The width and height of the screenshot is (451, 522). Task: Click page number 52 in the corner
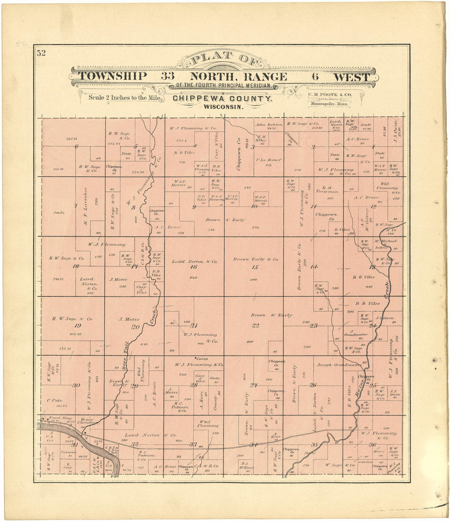click(x=41, y=53)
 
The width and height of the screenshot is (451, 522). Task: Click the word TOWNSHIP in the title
click(x=112, y=77)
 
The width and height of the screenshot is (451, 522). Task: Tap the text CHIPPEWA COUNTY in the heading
click(x=222, y=98)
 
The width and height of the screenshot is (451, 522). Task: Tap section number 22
click(x=256, y=326)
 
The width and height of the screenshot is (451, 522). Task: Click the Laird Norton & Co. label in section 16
click(x=194, y=261)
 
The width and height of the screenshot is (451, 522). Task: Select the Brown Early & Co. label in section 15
click(x=256, y=259)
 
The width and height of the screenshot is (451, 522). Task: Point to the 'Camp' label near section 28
click(x=202, y=358)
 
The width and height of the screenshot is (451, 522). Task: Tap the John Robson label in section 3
click(x=269, y=124)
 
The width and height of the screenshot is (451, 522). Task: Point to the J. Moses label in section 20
click(x=129, y=319)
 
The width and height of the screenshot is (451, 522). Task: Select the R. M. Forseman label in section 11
click(x=327, y=189)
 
